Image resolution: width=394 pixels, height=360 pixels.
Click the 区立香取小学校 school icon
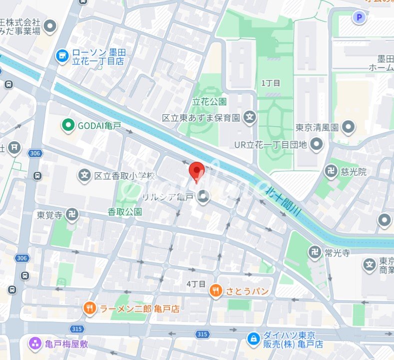tap(85, 176)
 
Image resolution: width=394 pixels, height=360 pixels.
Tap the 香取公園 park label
tap(124, 212)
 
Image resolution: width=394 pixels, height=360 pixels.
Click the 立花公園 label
tap(210, 101)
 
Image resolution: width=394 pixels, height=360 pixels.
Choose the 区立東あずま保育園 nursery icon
tap(250, 118)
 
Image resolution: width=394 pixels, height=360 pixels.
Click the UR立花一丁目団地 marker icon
tap(316, 145)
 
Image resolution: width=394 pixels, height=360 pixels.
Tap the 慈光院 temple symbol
tap(331, 172)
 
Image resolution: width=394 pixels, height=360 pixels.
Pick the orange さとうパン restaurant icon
tap(216, 291)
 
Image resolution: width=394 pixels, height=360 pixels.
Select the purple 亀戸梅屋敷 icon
tap(35, 344)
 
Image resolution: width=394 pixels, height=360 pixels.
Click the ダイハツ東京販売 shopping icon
tap(254, 340)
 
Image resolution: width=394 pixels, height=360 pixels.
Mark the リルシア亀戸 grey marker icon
tap(203, 198)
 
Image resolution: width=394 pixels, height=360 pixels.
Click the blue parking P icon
tap(358, 18)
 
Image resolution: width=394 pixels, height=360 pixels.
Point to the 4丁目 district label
tap(196, 284)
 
